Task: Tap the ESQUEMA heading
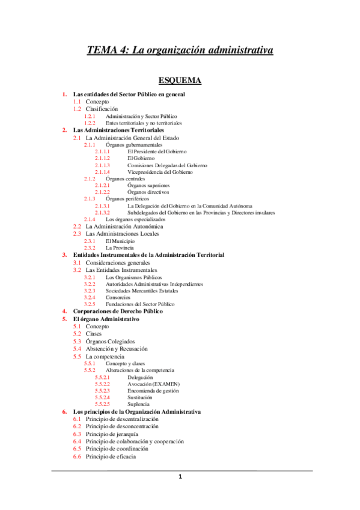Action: coord(180,80)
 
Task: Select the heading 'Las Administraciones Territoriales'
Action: coord(118,130)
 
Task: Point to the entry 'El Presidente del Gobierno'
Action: coord(157,152)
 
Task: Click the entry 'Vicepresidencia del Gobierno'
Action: coord(160,172)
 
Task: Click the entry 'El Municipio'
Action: coord(120,241)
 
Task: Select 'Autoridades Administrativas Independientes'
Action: coord(154,283)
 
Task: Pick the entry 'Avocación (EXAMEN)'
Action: coord(154,384)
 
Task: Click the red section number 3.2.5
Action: coord(90,304)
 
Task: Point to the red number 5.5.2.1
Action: coord(102,377)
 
